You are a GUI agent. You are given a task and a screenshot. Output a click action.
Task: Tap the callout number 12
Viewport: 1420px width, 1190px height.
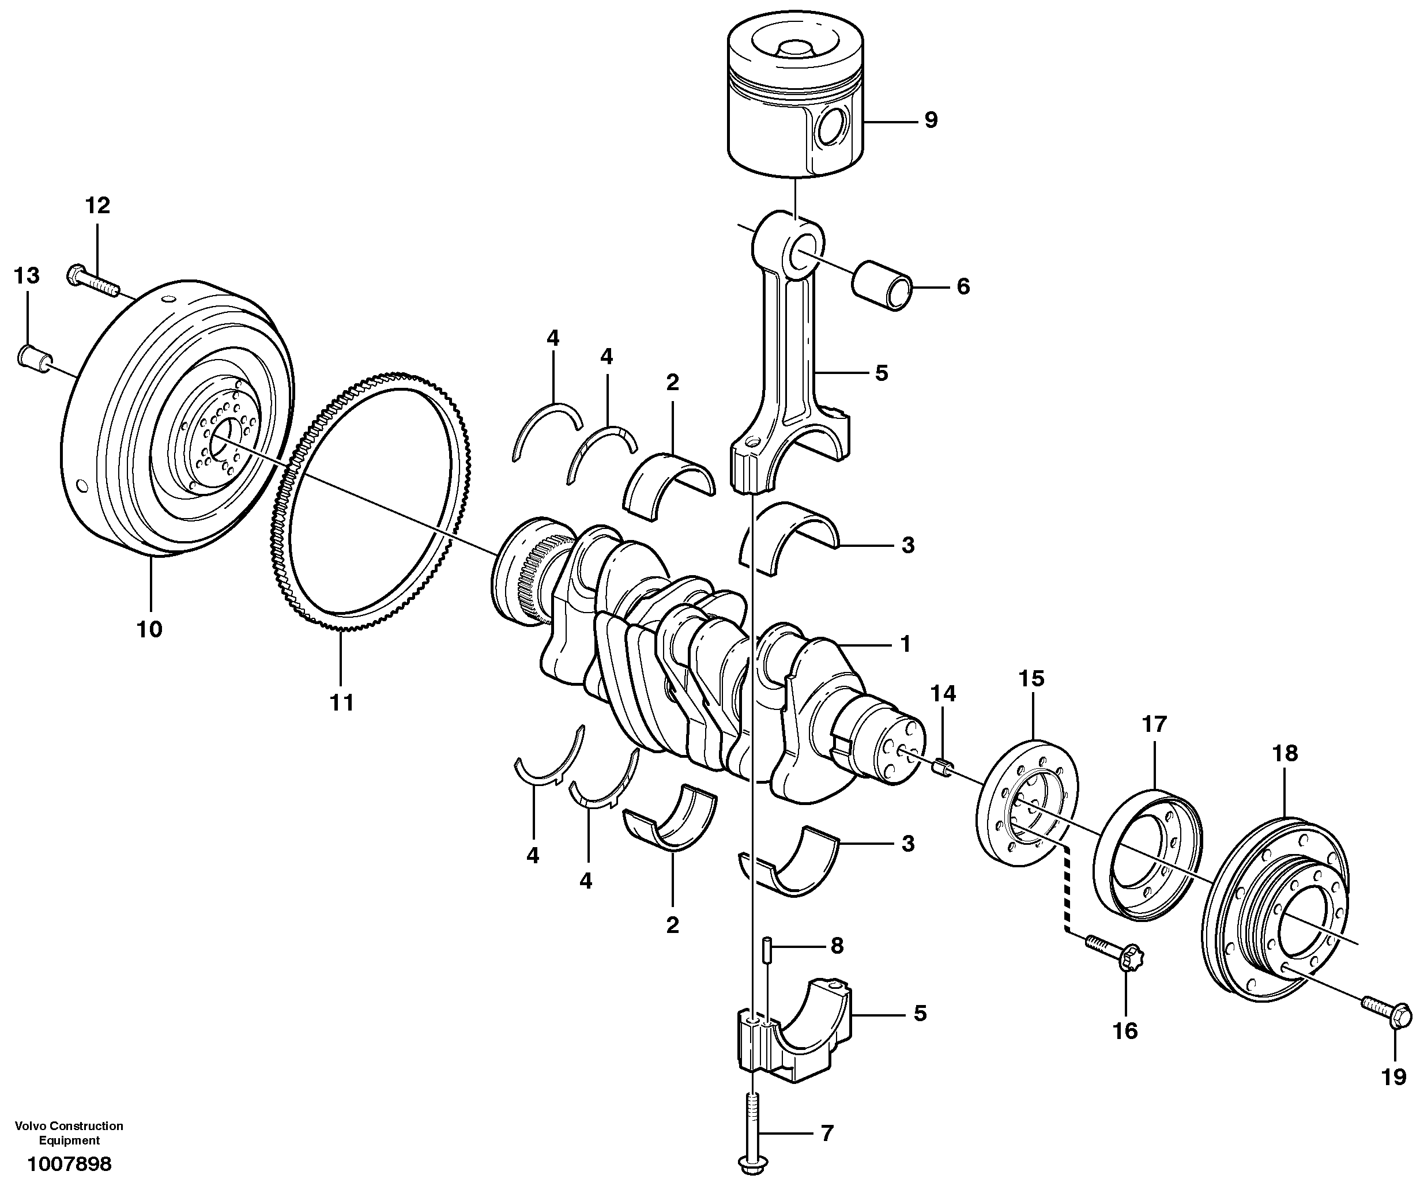tap(97, 205)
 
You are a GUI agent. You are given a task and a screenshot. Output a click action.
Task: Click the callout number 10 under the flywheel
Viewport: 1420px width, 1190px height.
tap(149, 629)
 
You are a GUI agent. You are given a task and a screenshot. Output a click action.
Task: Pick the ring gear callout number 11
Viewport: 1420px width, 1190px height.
tap(341, 703)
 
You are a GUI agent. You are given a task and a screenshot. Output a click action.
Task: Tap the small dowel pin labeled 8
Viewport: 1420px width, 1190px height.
tap(767, 951)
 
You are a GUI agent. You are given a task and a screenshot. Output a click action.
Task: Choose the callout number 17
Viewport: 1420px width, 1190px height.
tap(1154, 724)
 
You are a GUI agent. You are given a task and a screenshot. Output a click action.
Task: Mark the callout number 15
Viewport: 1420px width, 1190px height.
tap(1032, 678)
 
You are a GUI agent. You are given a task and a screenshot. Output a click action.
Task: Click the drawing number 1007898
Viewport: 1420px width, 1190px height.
tap(69, 1164)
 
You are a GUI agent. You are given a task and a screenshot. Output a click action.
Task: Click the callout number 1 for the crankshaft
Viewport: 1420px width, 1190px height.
tap(905, 644)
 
